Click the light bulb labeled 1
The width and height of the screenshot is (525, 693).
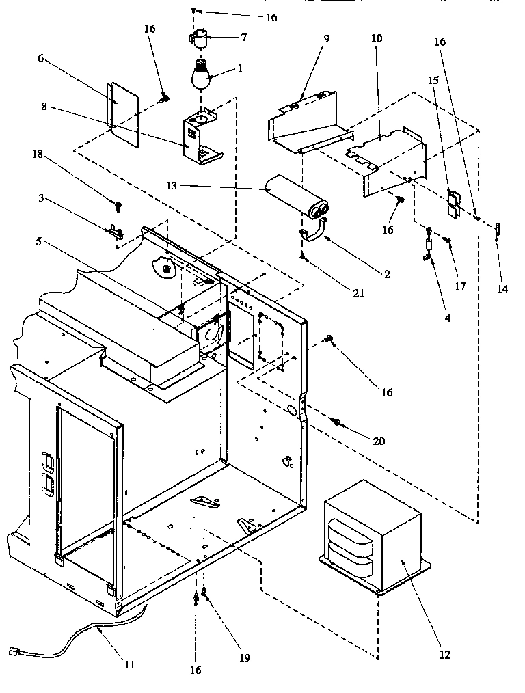200,76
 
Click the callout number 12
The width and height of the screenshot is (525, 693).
445,655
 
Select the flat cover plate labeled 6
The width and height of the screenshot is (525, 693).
124,113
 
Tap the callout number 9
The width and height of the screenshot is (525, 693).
326,38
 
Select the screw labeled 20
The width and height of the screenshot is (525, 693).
336,422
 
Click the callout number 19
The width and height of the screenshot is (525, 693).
245,658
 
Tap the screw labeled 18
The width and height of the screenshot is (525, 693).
118,204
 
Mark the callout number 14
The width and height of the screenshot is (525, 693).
502,289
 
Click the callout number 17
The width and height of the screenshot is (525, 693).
460,286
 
